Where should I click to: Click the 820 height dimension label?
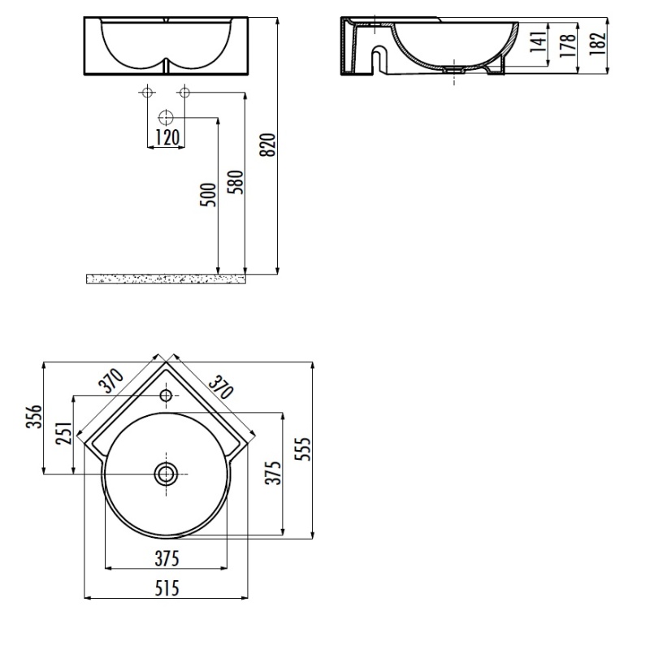click(269, 145)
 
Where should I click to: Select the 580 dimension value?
click(236, 182)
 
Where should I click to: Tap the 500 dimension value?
click(209, 195)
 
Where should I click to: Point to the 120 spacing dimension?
click(167, 137)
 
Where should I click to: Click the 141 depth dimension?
click(539, 41)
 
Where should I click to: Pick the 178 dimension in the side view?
click(568, 45)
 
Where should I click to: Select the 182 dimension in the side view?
click(597, 44)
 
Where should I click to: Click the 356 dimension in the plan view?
click(35, 417)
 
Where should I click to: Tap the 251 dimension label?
click(64, 434)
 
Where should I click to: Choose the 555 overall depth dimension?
click(302, 448)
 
